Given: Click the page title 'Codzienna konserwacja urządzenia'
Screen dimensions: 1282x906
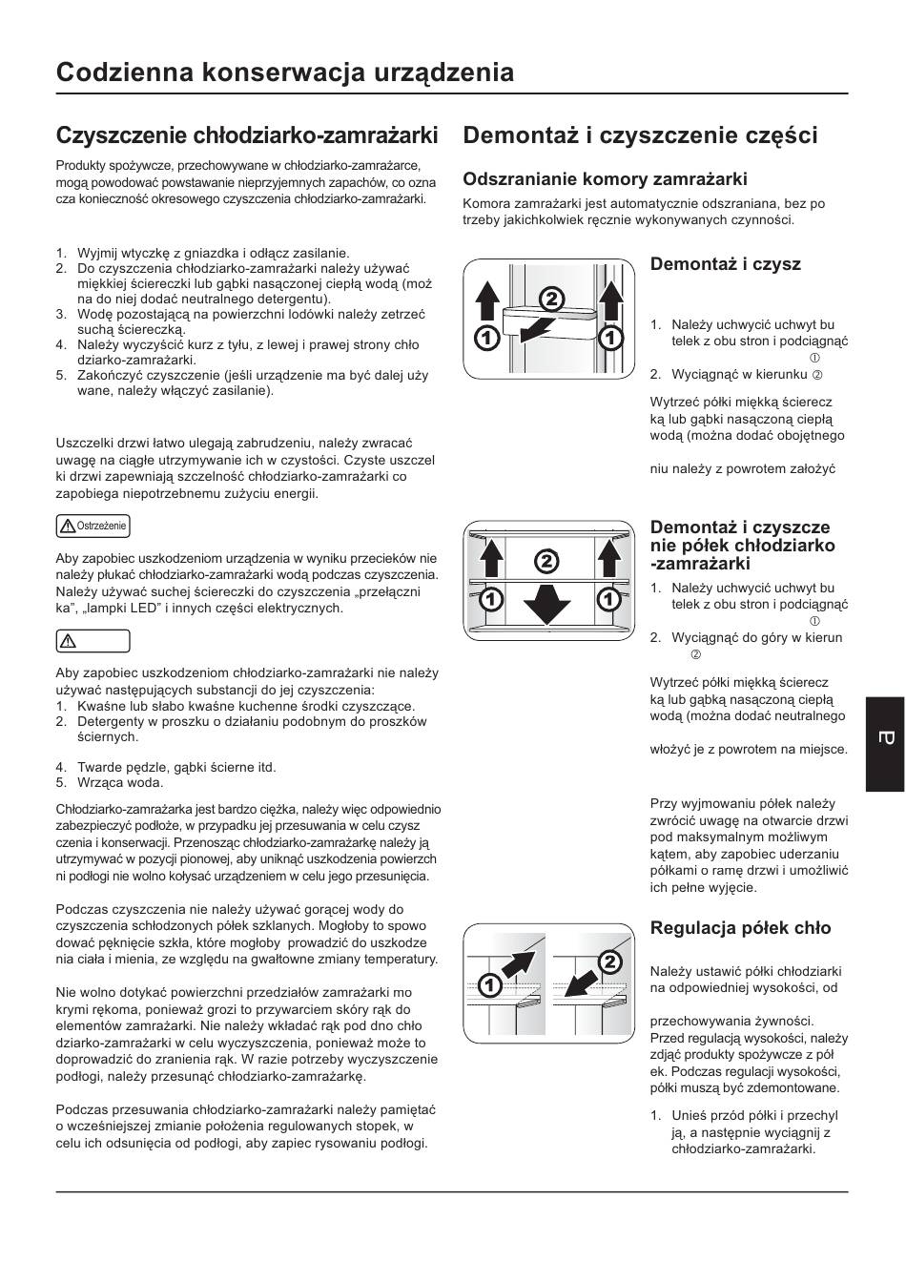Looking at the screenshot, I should pos(285,72).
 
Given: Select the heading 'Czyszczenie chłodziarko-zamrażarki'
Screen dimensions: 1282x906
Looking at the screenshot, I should pos(247,135).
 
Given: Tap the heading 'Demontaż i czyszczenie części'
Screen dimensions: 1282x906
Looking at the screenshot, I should pos(640,135).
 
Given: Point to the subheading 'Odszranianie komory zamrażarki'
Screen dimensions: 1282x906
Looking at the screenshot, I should pos(605,179).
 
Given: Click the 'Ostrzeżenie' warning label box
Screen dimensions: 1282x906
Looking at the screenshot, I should pos(93,526).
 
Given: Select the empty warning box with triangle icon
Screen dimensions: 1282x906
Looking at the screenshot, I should pos(93,641).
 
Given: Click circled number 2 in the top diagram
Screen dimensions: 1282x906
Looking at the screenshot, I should pos(551,300).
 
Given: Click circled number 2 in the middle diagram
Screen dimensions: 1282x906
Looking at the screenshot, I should pos(546,561).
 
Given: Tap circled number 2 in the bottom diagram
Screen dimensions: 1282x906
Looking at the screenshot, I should pos(610,961).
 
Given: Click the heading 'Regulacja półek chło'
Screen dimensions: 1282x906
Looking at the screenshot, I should pos(740,928).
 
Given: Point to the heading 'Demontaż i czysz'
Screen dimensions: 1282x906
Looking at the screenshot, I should pos(725,264).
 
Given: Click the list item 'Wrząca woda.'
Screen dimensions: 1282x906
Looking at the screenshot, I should pos(120,783).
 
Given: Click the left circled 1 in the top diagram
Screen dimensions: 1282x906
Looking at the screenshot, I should pos(485,337).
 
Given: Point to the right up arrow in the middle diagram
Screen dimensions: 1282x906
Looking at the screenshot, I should pos(608,559).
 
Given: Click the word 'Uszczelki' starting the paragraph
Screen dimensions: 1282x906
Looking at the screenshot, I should pos(82,443).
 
